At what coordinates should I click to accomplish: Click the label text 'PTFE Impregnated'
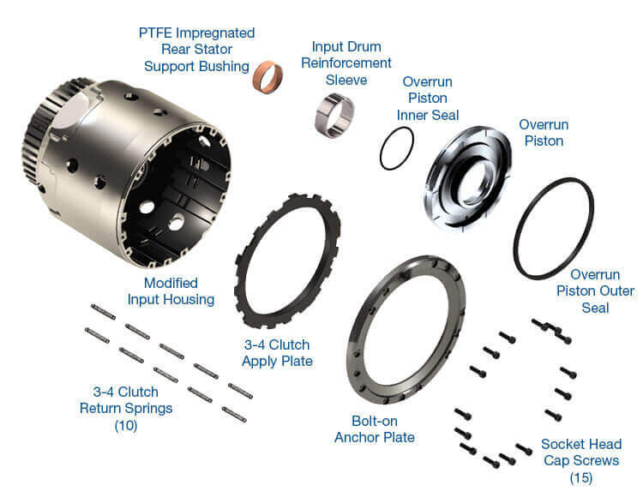(x=196, y=33)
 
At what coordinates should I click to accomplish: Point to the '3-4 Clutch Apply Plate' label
(x=277, y=352)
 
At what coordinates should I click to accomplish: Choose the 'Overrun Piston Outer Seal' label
(x=602, y=291)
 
